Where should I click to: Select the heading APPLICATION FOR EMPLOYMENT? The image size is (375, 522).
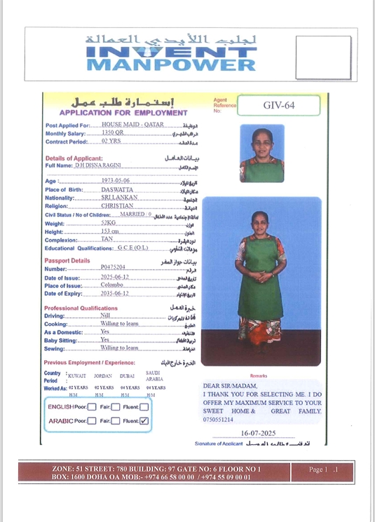tap(123, 112)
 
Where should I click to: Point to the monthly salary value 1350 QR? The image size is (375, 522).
tap(112, 132)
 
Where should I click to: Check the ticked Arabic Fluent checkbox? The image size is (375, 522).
tap(144, 420)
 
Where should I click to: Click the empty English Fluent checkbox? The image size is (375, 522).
tap(144, 406)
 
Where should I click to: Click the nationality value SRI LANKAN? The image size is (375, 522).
tap(120, 198)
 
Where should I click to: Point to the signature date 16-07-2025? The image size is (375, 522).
tap(259, 434)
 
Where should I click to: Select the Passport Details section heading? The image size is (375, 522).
tap(67, 260)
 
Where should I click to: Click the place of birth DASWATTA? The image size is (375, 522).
tap(117, 189)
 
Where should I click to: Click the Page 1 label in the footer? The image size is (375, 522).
tap(325, 469)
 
